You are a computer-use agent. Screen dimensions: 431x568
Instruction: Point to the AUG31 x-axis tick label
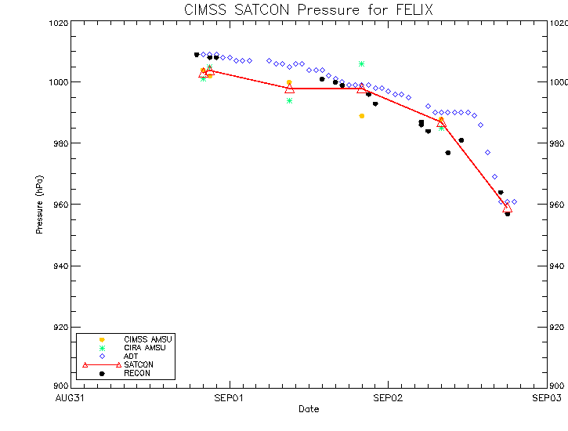pyautogui.click(x=71, y=398)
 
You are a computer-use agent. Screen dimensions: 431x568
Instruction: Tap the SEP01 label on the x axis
pyautogui.click(x=229, y=398)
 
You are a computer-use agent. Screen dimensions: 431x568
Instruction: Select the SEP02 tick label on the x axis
pyautogui.click(x=388, y=398)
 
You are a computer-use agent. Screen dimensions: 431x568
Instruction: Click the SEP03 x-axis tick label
pyautogui.click(x=546, y=398)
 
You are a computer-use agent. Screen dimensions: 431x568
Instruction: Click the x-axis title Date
pyautogui.click(x=308, y=409)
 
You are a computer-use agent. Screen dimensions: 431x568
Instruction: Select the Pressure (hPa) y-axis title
pyautogui.click(x=39, y=205)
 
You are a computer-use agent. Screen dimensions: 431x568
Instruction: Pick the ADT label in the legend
pyautogui.click(x=131, y=356)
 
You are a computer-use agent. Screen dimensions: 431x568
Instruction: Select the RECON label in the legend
pyautogui.click(x=136, y=373)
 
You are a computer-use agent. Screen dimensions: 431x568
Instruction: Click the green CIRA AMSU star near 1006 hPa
pyautogui.click(x=361, y=63)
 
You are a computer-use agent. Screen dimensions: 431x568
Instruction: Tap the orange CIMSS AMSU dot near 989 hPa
pyautogui.click(x=361, y=116)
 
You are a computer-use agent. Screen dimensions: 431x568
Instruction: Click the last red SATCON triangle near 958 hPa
pyautogui.click(x=507, y=208)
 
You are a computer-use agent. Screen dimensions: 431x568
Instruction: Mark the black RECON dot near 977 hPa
pyautogui.click(x=447, y=153)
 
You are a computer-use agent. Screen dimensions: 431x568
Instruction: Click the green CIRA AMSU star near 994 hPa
pyautogui.click(x=289, y=100)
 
